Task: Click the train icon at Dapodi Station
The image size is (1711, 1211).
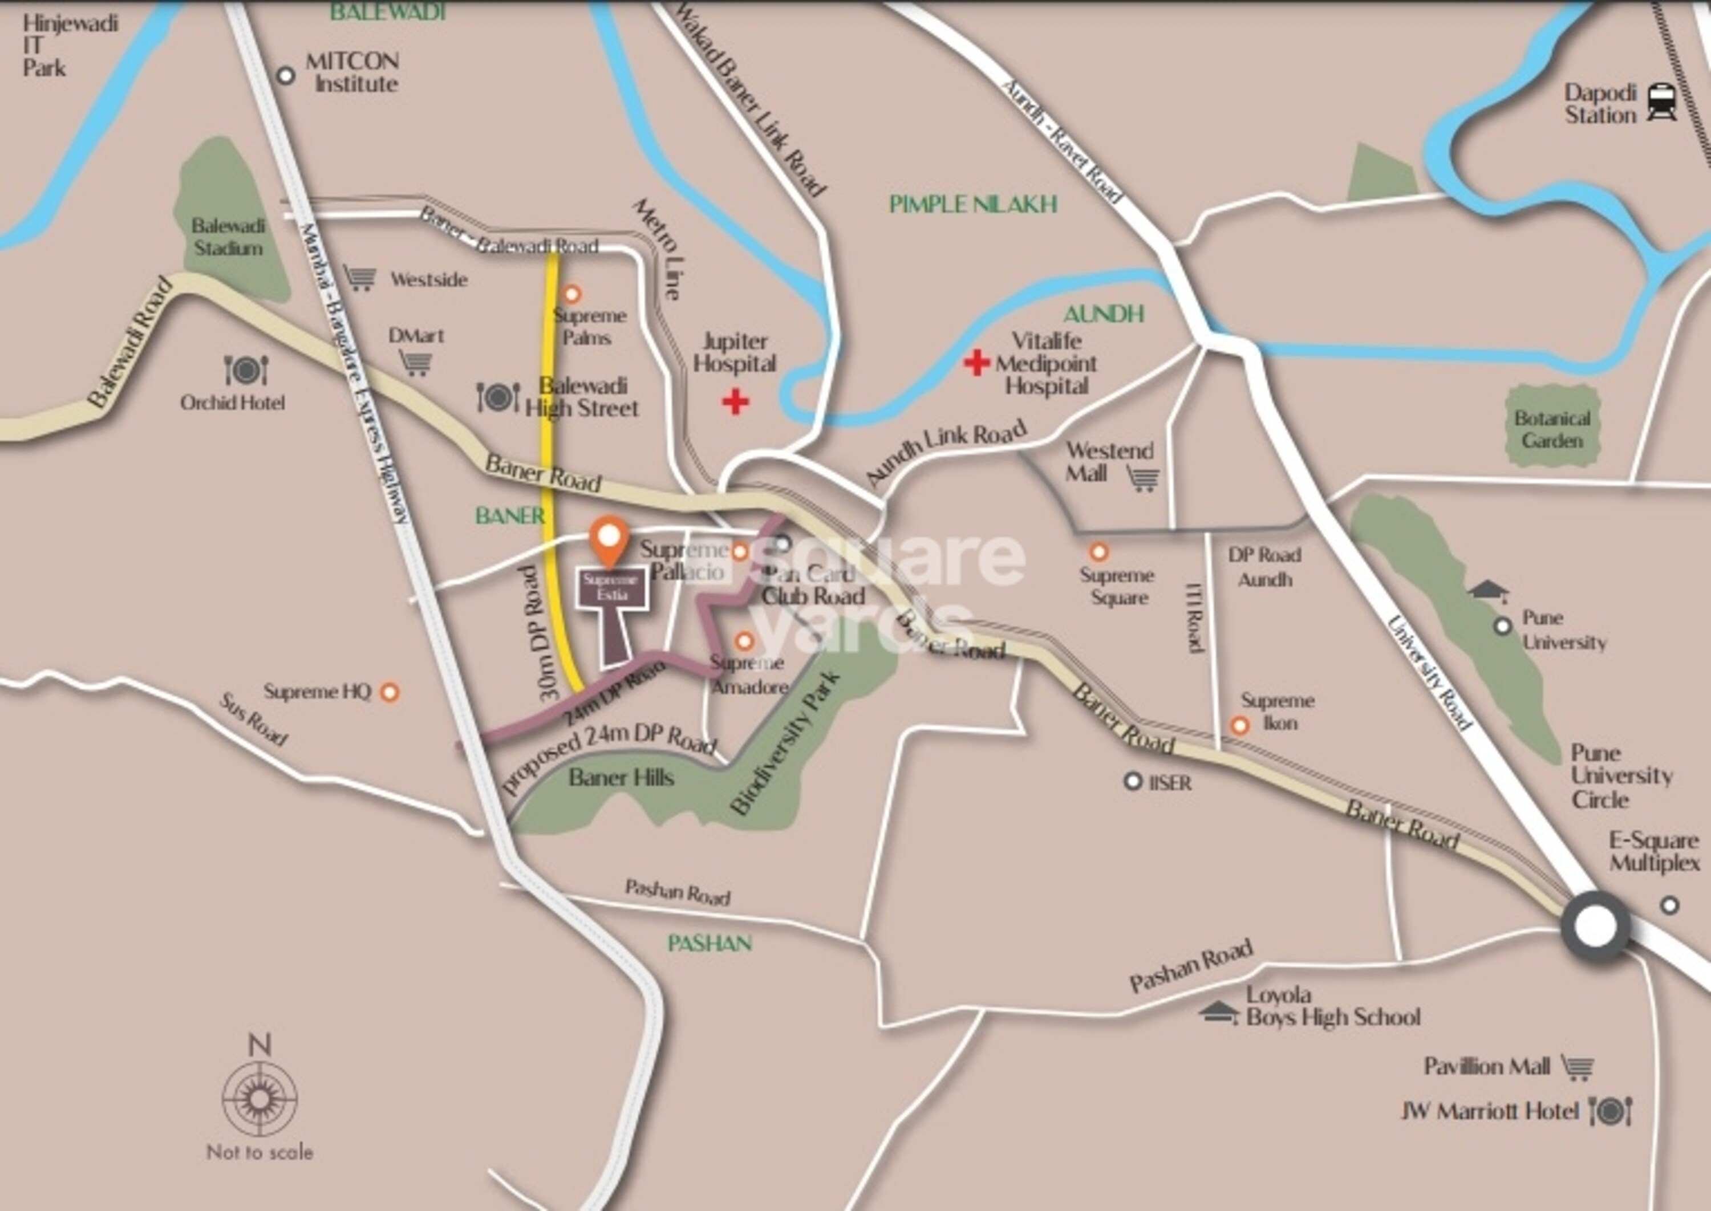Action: click(x=1662, y=102)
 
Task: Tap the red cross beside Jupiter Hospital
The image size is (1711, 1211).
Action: click(x=735, y=402)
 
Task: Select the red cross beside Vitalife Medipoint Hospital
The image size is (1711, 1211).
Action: click(x=976, y=363)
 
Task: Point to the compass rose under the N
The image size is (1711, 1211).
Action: click(x=260, y=1099)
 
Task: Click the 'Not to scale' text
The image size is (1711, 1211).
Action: click(x=260, y=1152)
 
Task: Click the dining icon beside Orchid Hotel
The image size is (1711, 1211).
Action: click(x=246, y=371)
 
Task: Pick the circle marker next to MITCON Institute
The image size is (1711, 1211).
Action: click(x=286, y=75)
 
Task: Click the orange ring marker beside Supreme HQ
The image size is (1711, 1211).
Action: click(x=390, y=692)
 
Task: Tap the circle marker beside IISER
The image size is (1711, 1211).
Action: click(x=1133, y=782)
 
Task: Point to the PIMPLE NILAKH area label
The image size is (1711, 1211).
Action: click(x=972, y=204)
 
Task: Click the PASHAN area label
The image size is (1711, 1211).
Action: click(x=709, y=943)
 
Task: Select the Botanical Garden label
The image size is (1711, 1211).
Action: click(x=1552, y=429)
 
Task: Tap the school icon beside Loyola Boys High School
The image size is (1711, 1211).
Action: click(x=1219, y=1012)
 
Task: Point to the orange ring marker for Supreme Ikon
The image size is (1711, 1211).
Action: click(x=1239, y=725)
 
